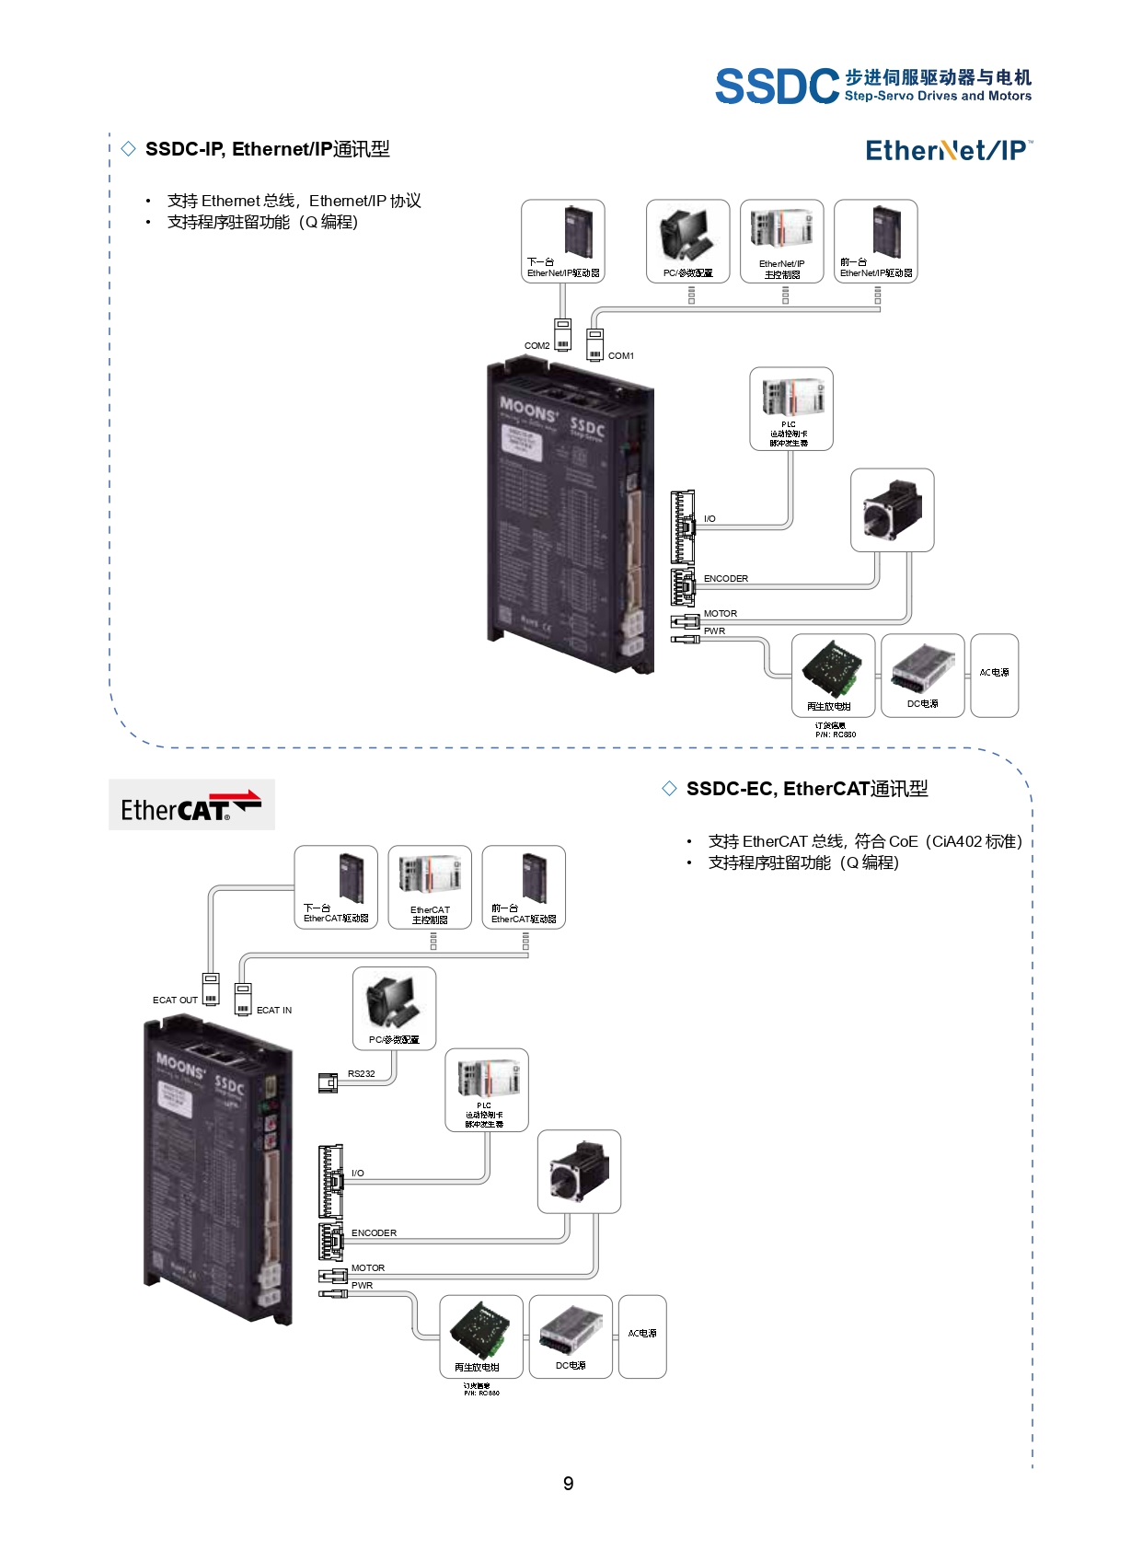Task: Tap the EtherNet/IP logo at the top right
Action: [x=948, y=150]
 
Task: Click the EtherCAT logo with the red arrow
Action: [x=191, y=805]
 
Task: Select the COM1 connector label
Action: [x=621, y=356]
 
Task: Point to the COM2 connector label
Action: [x=536, y=346]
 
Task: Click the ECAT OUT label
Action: [x=175, y=1001]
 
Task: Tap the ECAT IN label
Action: [x=274, y=1011]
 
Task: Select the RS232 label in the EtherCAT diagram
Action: [x=361, y=1074]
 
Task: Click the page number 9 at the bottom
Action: [x=569, y=1484]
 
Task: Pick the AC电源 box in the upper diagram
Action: [x=994, y=675]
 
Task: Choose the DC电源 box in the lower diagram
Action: [x=571, y=1336]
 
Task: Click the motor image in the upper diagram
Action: [x=892, y=510]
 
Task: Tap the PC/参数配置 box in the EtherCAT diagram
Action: [x=394, y=1008]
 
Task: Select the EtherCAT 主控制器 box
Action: [x=430, y=887]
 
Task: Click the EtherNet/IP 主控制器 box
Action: [x=781, y=241]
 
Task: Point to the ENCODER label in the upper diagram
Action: [x=725, y=579]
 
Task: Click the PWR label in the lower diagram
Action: [x=362, y=1286]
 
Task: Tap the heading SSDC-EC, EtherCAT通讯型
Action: [x=806, y=789]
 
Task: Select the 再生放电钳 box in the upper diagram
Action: [x=833, y=676]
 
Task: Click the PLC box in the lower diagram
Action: [x=486, y=1090]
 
